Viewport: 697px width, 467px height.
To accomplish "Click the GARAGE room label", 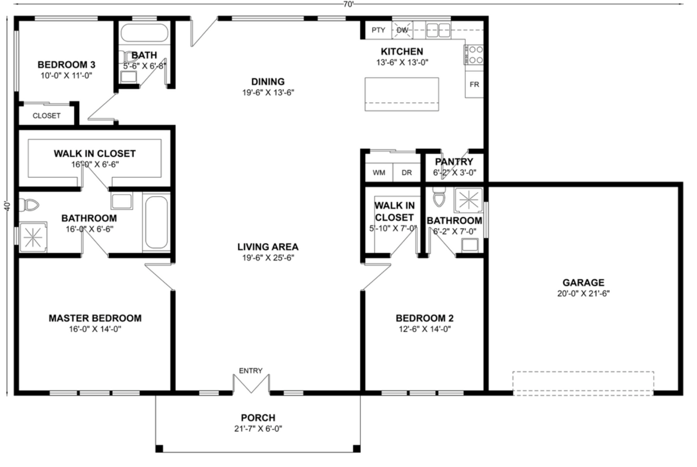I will (x=583, y=283).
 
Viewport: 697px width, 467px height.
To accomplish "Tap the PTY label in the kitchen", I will (x=378, y=30).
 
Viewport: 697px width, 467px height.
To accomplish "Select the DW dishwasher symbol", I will (x=402, y=30).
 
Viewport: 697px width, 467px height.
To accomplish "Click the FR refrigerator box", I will (x=474, y=84).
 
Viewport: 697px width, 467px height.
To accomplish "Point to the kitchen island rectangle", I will (x=401, y=94).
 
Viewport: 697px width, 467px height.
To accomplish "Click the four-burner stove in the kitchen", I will (x=474, y=55).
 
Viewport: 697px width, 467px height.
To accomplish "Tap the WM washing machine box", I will (x=379, y=172).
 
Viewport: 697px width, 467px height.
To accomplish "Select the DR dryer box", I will (x=407, y=172).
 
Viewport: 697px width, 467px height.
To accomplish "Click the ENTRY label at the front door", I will (x=250, y=371).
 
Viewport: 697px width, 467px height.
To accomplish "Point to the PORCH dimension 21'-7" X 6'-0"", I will (x=258, y=429).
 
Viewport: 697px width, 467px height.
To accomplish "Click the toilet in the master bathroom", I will (x=30, y=206).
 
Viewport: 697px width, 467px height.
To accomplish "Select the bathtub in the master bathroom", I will (x=156, y=222).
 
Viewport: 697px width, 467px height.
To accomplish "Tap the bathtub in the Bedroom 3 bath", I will (x=144, y=33).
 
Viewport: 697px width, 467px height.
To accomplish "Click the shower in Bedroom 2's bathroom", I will (x=468, y=200).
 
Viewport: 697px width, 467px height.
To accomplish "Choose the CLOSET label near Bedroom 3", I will (x=46, y=116).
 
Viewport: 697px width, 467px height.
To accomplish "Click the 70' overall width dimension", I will (x=348, y=4).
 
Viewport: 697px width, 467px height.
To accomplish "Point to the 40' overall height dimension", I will (x=7, y=206).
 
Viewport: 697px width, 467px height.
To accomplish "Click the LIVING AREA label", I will (x=268, y=247).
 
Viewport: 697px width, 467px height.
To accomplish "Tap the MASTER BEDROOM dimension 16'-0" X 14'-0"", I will (x=95, y=330).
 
